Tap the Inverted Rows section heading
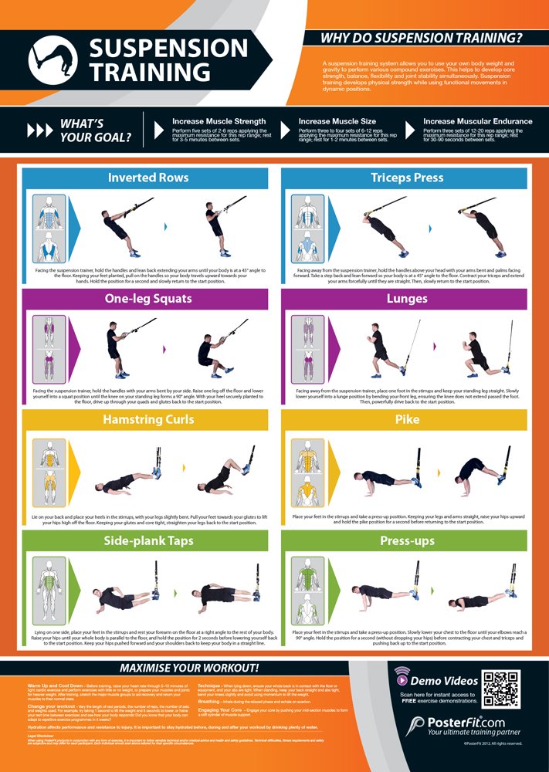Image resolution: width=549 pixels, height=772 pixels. click(x=147, y=178)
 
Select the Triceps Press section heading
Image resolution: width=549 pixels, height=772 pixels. click(x=406, y=178)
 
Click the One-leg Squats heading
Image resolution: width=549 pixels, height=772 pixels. click(x=147, y=300)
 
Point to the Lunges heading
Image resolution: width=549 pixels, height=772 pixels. click(x=406, y=300)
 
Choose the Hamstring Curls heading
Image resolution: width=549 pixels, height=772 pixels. click(x=147, y=420)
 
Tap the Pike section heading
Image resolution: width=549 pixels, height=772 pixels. click(x=406, y=420)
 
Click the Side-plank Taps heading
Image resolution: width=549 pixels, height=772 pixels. click(x=147, y=541)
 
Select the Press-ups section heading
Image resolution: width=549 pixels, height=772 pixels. click(x=406, y=541)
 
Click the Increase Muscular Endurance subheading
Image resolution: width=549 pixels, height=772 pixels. click(x=477, y=121)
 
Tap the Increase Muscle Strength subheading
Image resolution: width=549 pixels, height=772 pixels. click(x=219, y=121)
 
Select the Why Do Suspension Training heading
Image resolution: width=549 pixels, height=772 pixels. click(x=422, y=37)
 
